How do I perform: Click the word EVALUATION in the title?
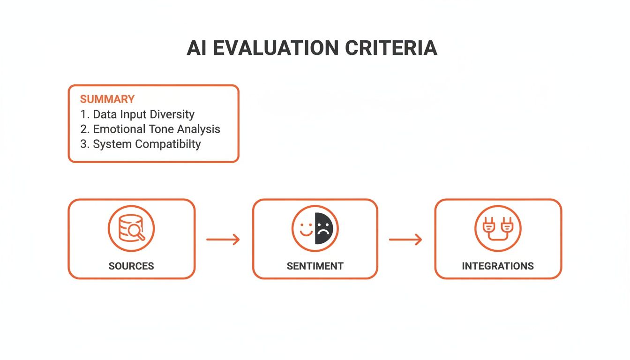pyautogui.click(x=277, y=48)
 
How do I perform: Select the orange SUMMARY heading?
pyautogui.click(x=107, y=99)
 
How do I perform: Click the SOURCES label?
pyautogui.click(x=131, y=266)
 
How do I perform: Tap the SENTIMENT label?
pyautogui.click(x=315, y=266)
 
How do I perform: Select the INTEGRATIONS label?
pyautogui.click(x=498, y=266)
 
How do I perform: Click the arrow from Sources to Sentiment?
pyautogui.click(x=223, y=240)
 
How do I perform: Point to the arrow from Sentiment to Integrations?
pyautogui.click(x=405, y=240)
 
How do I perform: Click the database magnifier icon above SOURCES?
pyautogui.click(x=131, y=228)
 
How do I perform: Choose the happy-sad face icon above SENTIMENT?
pyautogui.click(x=315, y=228)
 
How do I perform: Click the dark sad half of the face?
pyautogui.click(x=324, y=228)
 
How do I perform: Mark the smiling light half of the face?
pyautogui.click(x=306, y=228)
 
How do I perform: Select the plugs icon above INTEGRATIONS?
pyautogui.click(x=498, y=228)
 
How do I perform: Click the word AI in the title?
pyautogui.click(x=197, y=48)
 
